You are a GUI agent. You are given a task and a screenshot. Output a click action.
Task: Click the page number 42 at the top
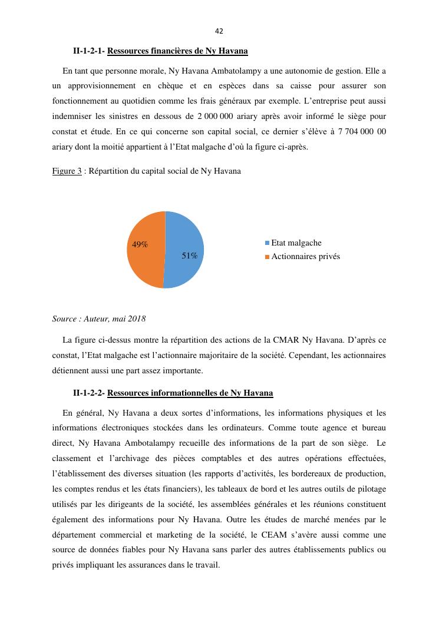click(219, 31)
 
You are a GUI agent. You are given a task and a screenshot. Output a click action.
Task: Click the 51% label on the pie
click(189, 256)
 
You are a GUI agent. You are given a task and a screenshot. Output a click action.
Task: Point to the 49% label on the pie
click(140, 244)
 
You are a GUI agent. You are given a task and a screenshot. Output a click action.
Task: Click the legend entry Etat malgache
click(296, 243)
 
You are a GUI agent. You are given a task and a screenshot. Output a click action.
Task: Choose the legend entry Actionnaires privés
click(305, 257)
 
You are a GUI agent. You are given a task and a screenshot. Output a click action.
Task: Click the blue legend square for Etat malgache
click(267, 243)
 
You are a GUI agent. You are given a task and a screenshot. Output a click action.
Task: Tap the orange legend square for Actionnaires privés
click(267, 257)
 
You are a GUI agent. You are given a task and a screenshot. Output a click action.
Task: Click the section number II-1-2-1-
click(89, 51)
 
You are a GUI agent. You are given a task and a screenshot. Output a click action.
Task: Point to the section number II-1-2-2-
click(89, 393)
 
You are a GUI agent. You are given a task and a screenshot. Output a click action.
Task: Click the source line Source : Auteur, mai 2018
click(99, 319)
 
